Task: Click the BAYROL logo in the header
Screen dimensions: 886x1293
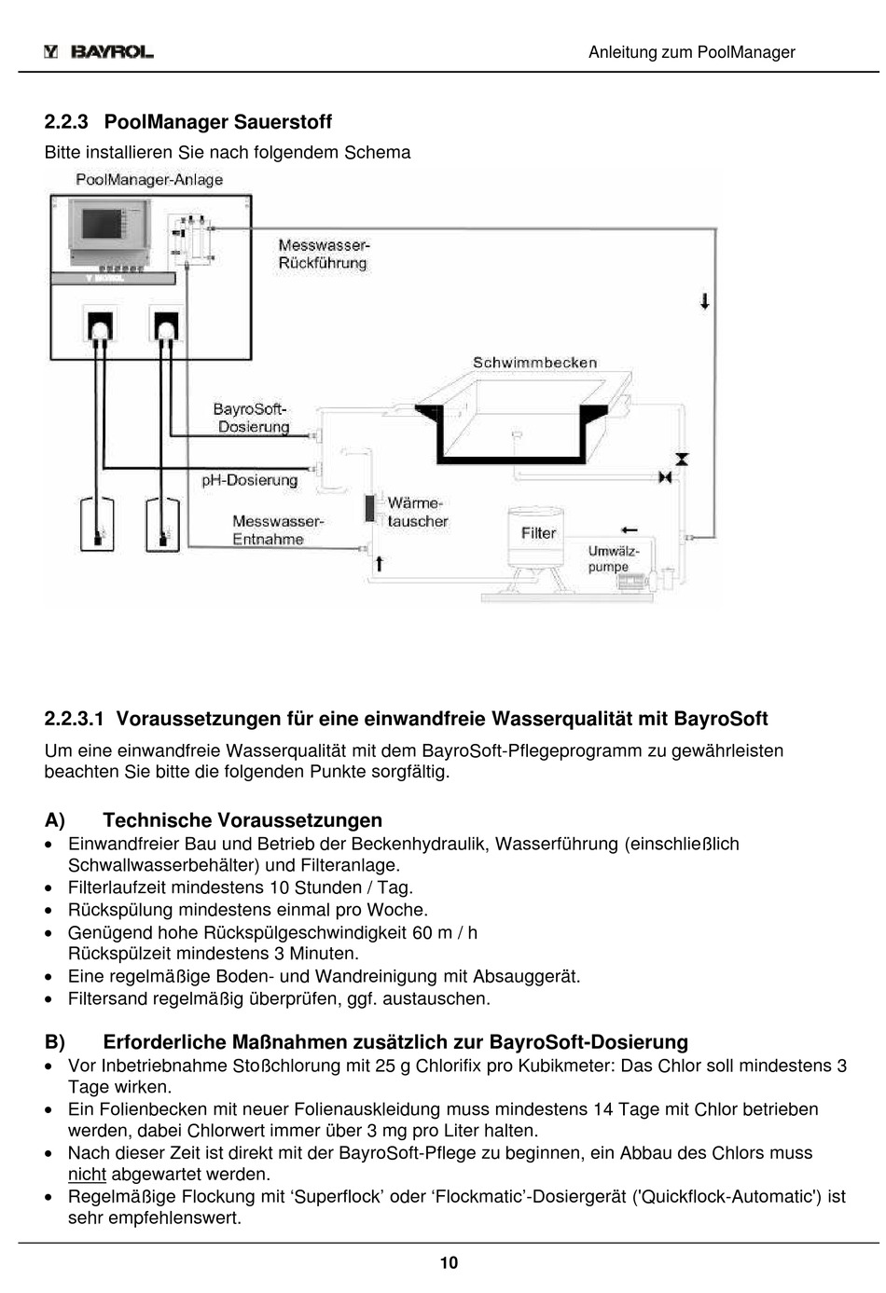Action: coord(99,52)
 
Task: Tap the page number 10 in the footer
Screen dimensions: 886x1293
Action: coord(449,1263)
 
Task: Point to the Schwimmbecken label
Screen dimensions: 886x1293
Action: coord(534,363)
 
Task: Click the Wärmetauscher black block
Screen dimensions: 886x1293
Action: coord(369,507)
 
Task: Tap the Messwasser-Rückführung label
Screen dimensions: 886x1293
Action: coord(324,254)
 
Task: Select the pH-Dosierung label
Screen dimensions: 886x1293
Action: coord(250,480)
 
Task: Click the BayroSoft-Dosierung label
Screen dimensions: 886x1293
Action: coord(252,418)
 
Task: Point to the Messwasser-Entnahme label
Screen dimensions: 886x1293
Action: coord(278,530)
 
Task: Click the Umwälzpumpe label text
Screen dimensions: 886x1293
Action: coord(614,558)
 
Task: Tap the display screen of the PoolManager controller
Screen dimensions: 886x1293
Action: coord(102,224)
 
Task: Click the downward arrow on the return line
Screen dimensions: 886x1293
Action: coord(705,301)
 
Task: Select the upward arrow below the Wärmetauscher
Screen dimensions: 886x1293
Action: coord(379,563)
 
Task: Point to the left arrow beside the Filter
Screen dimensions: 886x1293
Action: coord(629,530)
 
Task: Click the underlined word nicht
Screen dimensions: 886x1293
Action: coord(87,1174)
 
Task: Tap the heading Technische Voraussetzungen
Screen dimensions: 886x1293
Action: coord(242,819)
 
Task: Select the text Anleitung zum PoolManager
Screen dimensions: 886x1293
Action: coord(691,52)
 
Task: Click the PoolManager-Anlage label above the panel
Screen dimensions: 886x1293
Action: coord(149,180)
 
